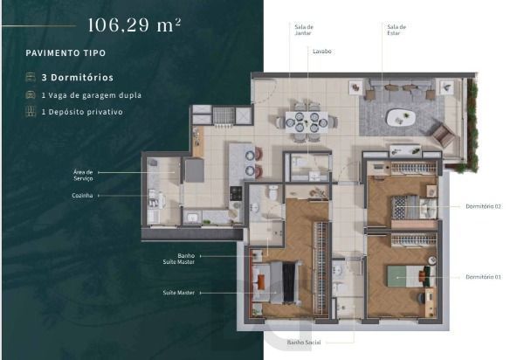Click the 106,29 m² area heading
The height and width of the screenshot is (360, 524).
point(134,24)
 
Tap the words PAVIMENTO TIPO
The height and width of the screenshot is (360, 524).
point(65,52)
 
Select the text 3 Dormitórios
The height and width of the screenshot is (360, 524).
point(78,78)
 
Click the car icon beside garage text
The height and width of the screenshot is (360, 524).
point(31,95)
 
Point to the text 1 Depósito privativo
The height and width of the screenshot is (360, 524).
point(82,112)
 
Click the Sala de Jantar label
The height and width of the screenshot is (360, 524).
point(304,30)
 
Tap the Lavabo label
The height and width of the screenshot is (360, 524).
point(321,52)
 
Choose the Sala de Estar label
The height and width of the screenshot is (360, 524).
point(396,30)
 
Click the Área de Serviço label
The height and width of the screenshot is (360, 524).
point(83,175)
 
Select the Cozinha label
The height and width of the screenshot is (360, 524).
point(82,195)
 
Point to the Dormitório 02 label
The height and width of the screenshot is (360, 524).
point(483,206)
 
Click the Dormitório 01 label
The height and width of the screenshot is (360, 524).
point(483,277)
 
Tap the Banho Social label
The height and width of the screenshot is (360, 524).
point(303,343)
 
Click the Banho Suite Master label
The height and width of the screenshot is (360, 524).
point(179,259)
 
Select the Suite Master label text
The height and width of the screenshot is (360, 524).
point(179,293)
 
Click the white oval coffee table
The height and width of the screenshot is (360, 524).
point(401,118)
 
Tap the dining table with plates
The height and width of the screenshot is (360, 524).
point(307,121)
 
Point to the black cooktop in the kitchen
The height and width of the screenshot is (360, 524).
point(236,193)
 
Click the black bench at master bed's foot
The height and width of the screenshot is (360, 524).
point(289,282)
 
